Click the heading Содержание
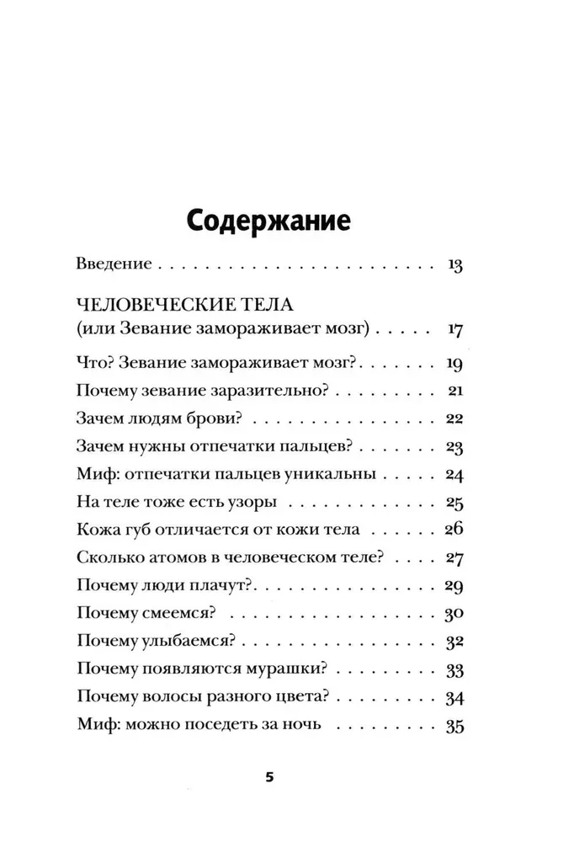[x=267, y=222]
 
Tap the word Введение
[x=113, y=264]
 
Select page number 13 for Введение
[x=455, y=265]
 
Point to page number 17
[x=455, y=328]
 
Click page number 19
[x=455, y=365]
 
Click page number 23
[x=455, y=446]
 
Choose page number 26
[x=455, y=530]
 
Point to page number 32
[x=455, y=641]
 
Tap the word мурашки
[x=286, y=669]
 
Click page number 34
[x=455, y=696]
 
